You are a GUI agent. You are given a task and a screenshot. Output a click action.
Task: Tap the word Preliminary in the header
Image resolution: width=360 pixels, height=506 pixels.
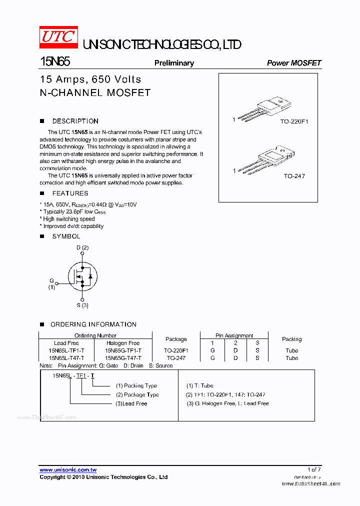coord(174,63)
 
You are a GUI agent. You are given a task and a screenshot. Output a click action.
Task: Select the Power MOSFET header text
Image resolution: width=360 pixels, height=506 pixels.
coord(294,63)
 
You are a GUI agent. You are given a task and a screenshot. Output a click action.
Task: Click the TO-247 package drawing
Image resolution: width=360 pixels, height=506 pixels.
coord(267,159)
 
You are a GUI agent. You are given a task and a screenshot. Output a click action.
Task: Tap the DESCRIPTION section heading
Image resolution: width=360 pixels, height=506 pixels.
coord(75,121)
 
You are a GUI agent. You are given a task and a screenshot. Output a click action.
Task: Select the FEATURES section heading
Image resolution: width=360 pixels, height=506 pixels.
coord(70,193)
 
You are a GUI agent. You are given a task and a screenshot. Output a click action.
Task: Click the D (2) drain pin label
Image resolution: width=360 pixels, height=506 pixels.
coord(82,247)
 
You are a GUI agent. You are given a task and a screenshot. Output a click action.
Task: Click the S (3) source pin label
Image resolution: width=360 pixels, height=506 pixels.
coord(82,305)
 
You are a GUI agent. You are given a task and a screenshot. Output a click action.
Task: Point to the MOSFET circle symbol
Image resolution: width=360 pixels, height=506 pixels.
coord(82,276)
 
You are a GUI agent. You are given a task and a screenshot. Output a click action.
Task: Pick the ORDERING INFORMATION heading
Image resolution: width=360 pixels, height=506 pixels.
coord(93,324)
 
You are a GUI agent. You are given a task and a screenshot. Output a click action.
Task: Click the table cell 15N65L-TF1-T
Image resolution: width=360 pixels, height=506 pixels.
coord(66,350)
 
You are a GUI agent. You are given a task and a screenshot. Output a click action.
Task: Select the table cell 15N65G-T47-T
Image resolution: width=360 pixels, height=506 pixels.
coord(123,358)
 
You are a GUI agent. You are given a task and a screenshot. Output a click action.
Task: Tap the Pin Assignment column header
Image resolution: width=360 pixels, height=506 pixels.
coord(234,335)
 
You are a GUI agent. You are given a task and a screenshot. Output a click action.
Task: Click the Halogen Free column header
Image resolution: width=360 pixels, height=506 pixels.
coord(123,343)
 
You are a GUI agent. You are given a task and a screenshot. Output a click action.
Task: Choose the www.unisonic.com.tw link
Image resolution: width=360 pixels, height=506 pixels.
coord(68,469)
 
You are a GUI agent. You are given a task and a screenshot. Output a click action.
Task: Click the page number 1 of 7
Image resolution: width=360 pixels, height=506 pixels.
coord(314,469)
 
